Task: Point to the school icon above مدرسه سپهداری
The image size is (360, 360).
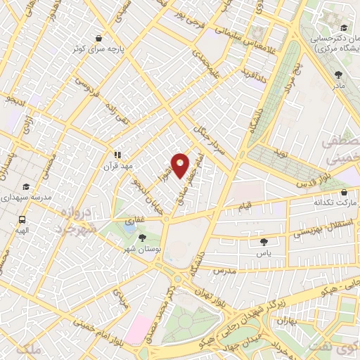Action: tap(26, 187)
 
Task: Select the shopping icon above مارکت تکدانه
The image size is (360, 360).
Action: tap(343, 191)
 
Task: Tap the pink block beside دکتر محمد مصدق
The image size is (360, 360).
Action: tap(139, 329)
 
